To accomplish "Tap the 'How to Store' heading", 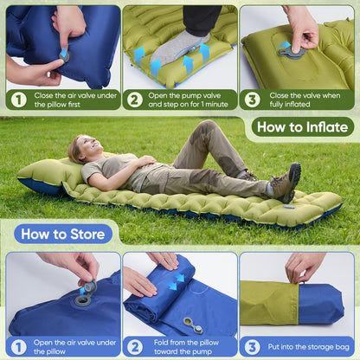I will click(63, 234).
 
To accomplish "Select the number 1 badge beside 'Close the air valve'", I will click(18, 99).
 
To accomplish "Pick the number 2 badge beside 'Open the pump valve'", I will click(134, 99).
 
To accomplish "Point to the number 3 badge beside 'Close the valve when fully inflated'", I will click(252, 99).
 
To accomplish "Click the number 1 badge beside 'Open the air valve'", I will click(18, 346).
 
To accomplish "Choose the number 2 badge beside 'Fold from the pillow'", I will click(134, 346).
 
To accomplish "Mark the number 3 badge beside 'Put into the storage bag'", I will click(252, 346).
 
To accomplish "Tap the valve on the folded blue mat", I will click(191, 325).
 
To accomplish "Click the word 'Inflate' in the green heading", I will click(325, 127).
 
